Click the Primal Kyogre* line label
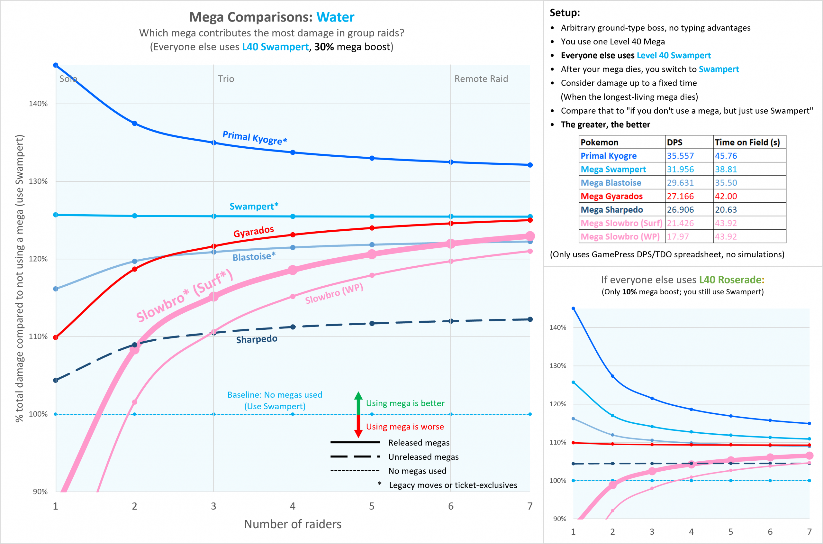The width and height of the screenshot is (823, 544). [x=255, y=137]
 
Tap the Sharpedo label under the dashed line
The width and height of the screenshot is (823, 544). [x=257, y=339]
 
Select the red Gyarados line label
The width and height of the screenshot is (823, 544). [x=253, y=231]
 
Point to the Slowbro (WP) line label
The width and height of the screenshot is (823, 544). [x=334, y=293]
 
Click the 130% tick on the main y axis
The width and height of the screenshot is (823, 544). [x=38, y=181]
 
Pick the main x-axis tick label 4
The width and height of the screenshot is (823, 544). [x=293, y=506]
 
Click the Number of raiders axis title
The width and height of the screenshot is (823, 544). [x=293, y=524]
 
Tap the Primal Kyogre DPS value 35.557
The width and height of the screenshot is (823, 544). [x=680, y=156]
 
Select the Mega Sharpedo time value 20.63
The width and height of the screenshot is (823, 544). [x=726, y=209]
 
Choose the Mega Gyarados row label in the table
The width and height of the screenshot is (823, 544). [x=611, y=196]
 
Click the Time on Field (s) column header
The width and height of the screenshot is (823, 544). [x=747, y=142]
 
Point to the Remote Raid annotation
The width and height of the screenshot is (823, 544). [x=481, y=79]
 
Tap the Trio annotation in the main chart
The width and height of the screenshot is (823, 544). [x=226, y=79]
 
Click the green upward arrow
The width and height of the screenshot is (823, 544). [x=358, y=402]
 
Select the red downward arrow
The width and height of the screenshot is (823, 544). [x=358, y=426]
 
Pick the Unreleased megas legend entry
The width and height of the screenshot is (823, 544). [x=423, y=457]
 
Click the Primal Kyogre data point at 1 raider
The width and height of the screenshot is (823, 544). [x=56, y=65]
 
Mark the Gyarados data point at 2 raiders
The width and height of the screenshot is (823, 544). [x=134, y=269]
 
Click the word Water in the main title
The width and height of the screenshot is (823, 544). [x=335, y=17]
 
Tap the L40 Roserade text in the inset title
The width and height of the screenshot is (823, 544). [x=731, y=280]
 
